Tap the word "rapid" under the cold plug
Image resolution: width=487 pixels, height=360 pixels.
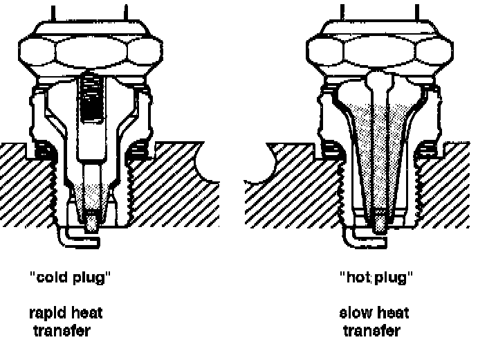pyautogui.click(x=48, y=314)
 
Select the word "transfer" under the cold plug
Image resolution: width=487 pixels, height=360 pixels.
pyautogui.click(x=62, y=330)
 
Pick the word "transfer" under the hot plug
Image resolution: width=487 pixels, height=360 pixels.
pyautogui.click(x=371, y=330)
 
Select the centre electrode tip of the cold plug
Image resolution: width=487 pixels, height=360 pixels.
pyautogui.click(x=91, y=223)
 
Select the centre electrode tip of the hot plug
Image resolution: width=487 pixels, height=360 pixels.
pyautogui.click(x=380, y=223)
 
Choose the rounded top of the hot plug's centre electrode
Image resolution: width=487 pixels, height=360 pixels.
pyautogui.click(x=379, y=80)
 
